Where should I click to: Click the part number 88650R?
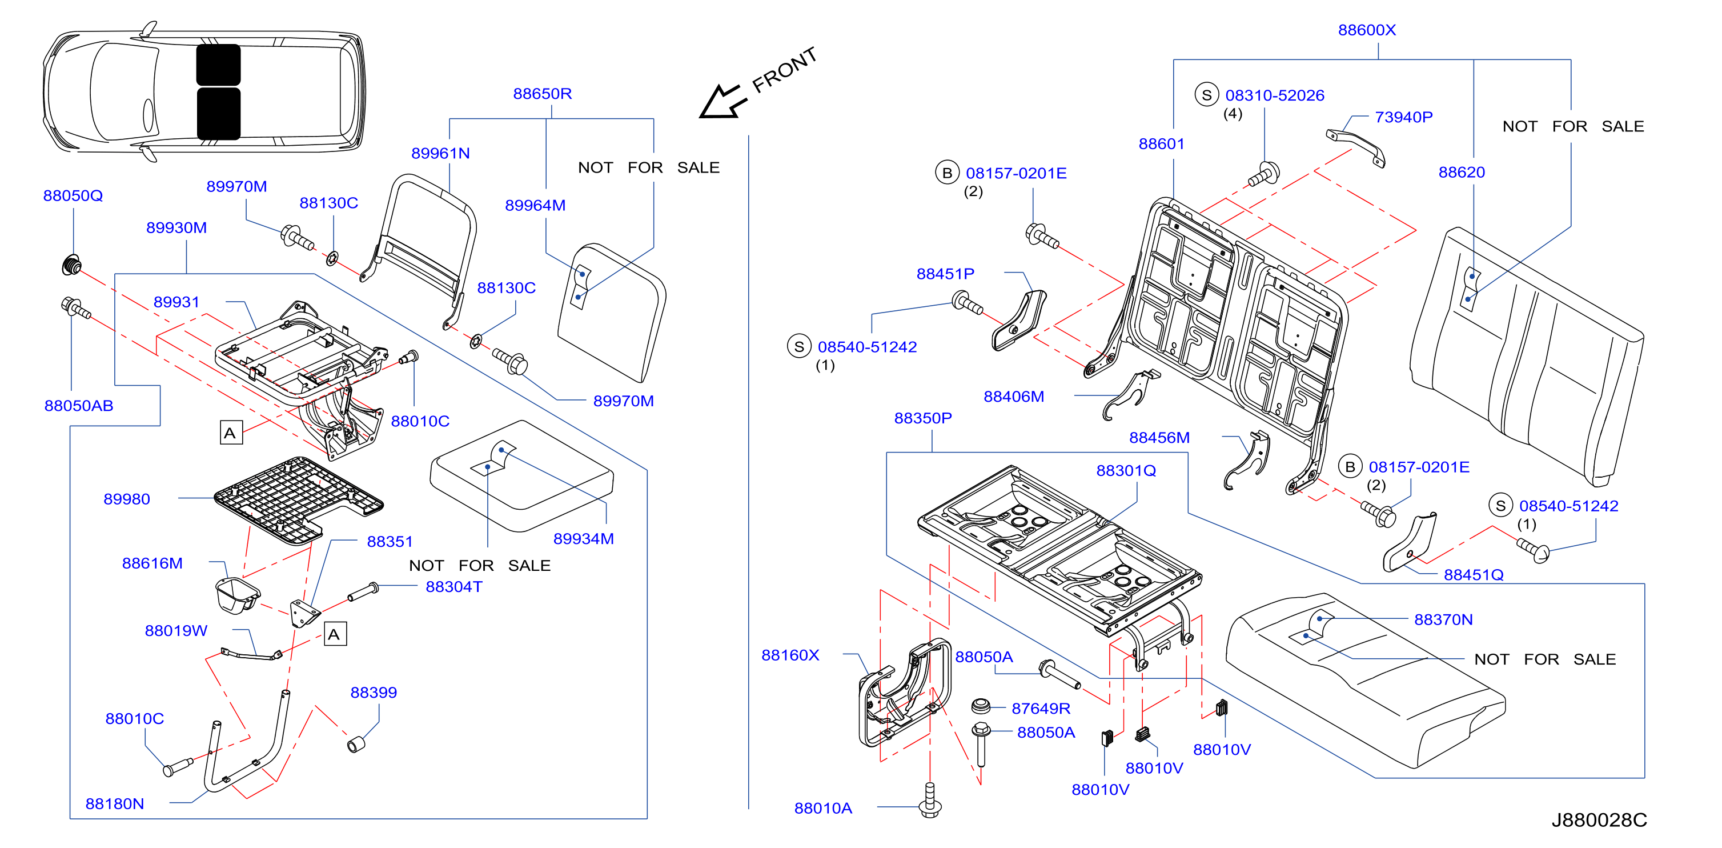click(x=542, y=94)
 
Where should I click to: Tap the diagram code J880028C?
click(x=1599, y=820)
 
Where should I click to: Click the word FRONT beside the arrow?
click(x=785, y=70)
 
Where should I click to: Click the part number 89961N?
click(x=440, y=153)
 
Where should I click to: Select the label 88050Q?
click(x=73, y=195)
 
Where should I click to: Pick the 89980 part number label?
click(x=126, y=499)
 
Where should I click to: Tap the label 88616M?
click(x=152, y=563)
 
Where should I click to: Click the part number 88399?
click(x=374, y=692)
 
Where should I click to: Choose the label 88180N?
click(x=114, y=804)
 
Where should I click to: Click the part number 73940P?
click(x=1404, y=117)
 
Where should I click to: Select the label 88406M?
click(x=1013, y=397)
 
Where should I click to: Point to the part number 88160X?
click(x=790, y=655)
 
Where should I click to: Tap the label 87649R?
click(x=1041, y=708)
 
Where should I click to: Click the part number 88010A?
click(x=823, y=809)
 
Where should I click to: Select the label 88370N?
click(x=1443, y=620)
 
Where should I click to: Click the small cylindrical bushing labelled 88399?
click(x=356, y=743)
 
